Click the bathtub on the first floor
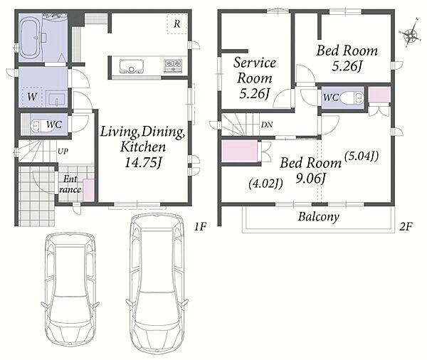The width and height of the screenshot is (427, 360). coord(31,38)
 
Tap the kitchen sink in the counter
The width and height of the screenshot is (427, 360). coord(131,66)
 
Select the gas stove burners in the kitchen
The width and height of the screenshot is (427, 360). coord(173,65)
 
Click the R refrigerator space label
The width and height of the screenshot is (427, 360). coord(177,24)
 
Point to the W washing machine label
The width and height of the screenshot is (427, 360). coord(32,96)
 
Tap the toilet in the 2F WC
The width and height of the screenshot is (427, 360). coord(352,97)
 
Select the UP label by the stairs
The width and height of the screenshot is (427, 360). coord(63,151)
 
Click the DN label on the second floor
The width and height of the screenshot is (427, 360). coord(267,125)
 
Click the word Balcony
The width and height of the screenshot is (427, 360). coord(319,217)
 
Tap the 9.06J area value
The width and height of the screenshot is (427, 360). coord(311,179)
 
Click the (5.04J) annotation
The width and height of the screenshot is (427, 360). coord(362,156)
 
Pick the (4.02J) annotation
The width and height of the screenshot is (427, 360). coord(265,184)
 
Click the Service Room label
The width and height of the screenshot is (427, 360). coord(255,70)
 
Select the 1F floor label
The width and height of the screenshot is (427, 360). coord(201,226)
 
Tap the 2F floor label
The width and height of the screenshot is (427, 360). coord(406,226)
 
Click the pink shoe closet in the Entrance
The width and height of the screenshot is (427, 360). coord(88,190)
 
